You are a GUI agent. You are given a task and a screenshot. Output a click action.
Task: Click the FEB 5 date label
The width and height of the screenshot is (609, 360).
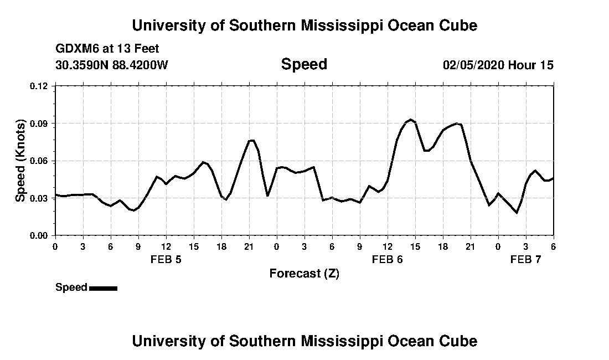(x=166, y=259)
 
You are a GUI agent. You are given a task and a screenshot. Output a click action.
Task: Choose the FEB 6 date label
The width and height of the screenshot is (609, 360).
(x=387, y=259)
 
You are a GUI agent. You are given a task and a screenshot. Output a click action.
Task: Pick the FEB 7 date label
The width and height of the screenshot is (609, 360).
(x=525, y=259)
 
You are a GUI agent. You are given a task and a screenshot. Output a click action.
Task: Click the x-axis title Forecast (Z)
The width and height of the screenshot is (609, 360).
(x=304, y=274)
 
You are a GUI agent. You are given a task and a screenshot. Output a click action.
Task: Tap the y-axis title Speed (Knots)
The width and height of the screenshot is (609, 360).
(x=20, y=161)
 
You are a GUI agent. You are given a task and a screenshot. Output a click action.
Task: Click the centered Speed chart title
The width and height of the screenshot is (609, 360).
(x=304, y=64)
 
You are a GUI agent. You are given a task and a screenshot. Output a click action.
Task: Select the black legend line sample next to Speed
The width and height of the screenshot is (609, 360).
(x=103, y=288)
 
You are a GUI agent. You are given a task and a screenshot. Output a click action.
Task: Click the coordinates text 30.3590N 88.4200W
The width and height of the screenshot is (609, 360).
(x=112, y=65)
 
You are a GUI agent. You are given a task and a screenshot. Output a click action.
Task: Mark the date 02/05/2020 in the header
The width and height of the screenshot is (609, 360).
(x=473, y=65)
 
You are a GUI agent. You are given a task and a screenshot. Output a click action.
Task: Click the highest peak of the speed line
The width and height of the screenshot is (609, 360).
(x=410, y=120)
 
